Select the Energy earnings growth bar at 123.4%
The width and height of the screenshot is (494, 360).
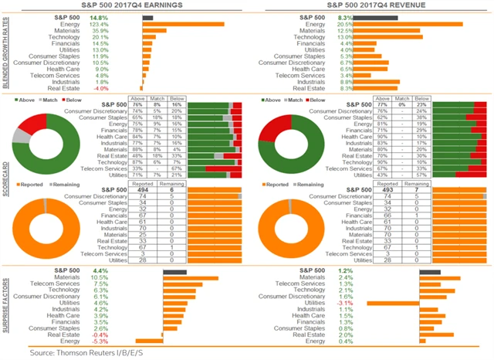pos(183,24)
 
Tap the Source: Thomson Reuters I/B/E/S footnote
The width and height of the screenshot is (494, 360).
pos(69,353)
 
